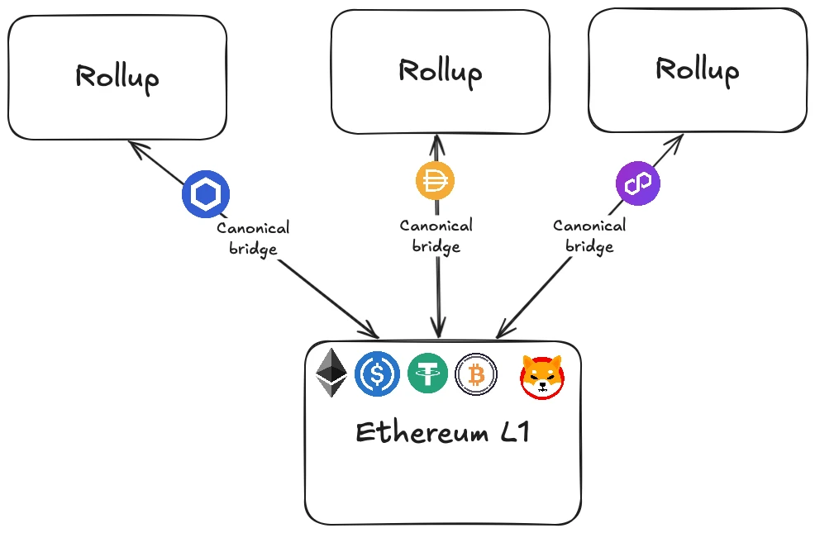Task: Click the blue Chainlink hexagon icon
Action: [206, 195]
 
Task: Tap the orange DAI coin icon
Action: [436, 181]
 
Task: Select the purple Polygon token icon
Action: [638, 183]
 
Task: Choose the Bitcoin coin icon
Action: [476, 374]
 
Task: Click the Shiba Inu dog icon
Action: [542, 377]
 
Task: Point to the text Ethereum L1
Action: [441, 432]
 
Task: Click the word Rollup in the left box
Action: [117, 77]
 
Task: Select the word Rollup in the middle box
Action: [440, 70]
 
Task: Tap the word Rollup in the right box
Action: [697, 69]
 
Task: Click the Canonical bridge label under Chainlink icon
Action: [253, 238]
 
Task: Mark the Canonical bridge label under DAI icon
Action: [436, 236]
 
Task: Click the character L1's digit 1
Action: [521, 431]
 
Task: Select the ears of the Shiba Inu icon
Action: [542, 362]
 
